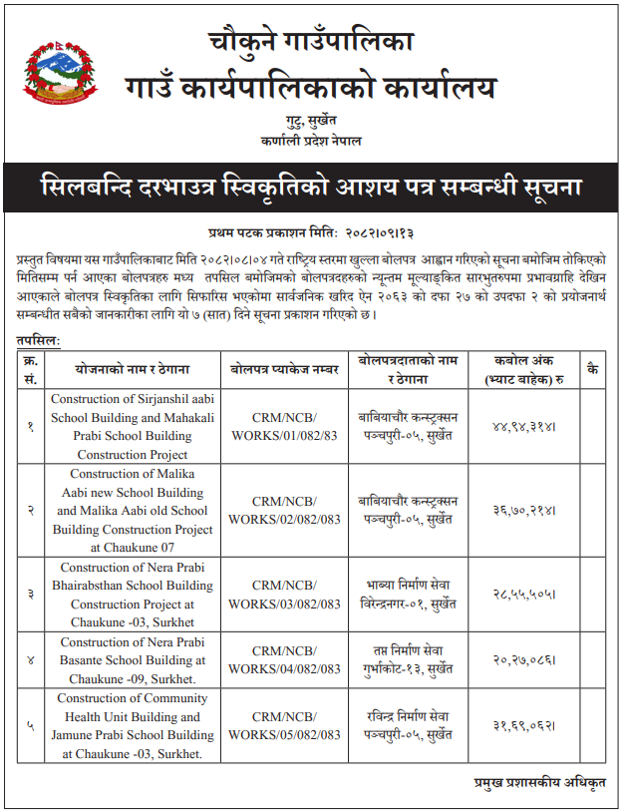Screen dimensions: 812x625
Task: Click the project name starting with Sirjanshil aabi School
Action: [133, 426]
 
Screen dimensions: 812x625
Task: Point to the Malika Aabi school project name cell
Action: [133, 510]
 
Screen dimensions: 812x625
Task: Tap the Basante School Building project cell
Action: [133, 658]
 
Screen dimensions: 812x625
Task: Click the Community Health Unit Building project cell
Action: [133, 726]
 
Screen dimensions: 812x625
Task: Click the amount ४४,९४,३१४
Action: [524, 426]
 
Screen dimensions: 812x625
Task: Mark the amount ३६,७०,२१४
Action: [524, 510]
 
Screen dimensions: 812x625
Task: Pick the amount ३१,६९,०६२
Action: [524, 726]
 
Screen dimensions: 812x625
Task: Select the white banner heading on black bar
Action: [311, 188]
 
